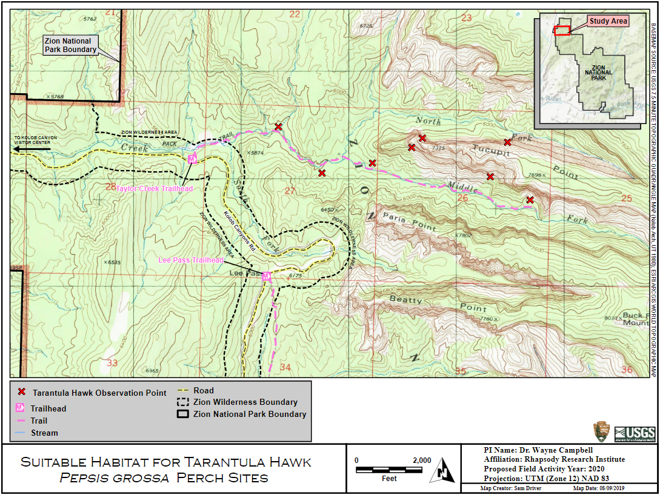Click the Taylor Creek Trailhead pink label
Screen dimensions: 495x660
(x=155, y=189)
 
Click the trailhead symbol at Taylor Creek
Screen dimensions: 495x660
(x=192, y=159)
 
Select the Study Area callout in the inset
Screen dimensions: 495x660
(x=608, y=21)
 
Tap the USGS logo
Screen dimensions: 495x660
(x=635, y=433)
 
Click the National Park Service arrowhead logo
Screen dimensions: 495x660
(x=601, y=432)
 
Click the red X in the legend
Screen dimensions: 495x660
(x=22, y=393)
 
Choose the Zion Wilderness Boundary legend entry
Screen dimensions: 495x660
(x=245, y=402)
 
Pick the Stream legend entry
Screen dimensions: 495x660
(x=44, y=433)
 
